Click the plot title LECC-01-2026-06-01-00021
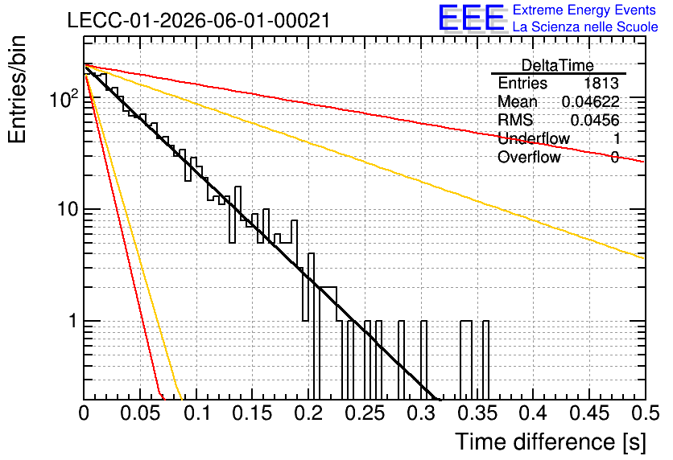click(199, 21)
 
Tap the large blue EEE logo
click(472, 18)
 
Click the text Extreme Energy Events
click(584, 10)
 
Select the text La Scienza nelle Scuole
click(585, 27)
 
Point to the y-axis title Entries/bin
click(18, 89)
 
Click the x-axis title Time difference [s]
click(551, 442)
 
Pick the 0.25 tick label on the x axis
click(365, 413)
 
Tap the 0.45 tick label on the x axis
click(589, 413)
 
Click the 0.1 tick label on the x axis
click(196, 413)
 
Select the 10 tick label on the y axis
click(68, 209)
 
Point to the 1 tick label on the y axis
click(73, 321)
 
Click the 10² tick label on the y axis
click(64, 99)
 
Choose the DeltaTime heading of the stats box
click(558, 65)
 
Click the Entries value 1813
click(601, 83)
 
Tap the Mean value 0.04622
click(591, 101)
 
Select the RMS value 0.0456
click(595, 120)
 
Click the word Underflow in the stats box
click(534, 138)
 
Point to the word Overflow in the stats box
click(529, 157)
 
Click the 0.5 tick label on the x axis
click(646, 413)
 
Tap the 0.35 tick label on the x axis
click(477, 413)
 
